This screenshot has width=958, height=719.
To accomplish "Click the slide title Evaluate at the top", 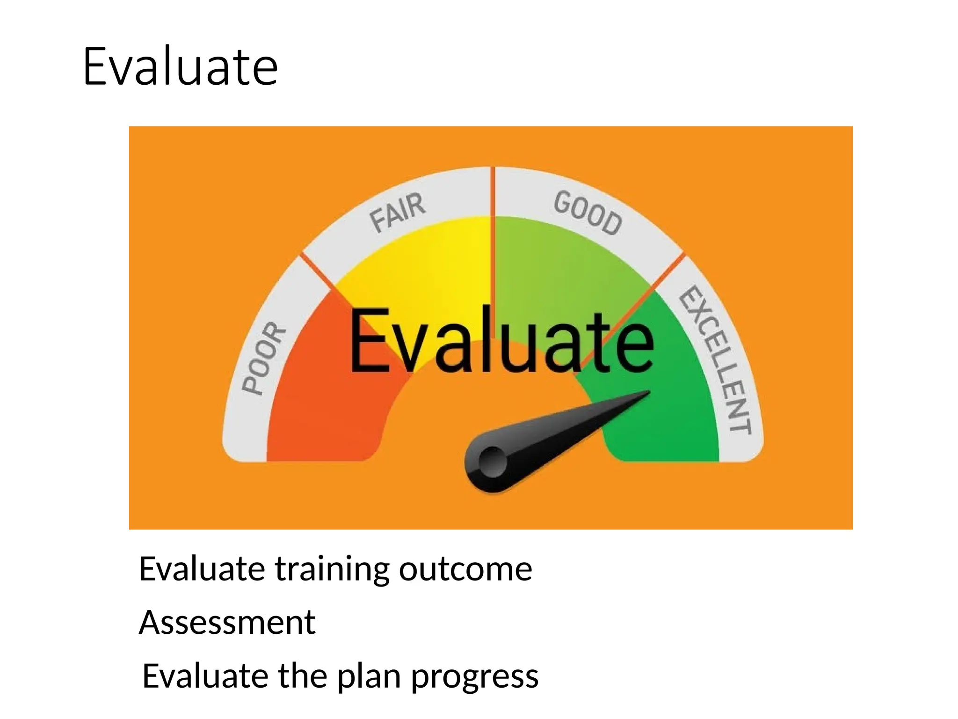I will point(180,67).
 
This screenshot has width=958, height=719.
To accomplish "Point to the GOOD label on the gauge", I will point(588,213).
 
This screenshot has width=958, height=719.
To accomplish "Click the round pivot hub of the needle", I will point(493,462).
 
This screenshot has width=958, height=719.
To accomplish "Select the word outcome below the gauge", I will point(465,569).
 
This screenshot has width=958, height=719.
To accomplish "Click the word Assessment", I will point(227,623).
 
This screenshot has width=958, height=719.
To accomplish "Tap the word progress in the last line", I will point(475,677).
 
